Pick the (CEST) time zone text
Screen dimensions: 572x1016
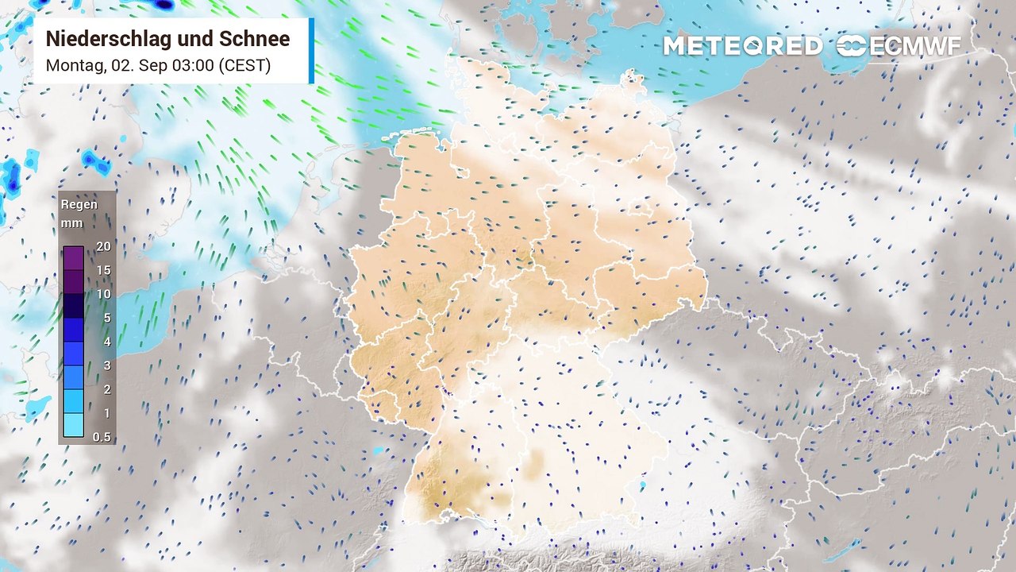244,65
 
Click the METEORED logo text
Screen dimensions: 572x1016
743,46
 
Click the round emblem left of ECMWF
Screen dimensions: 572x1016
852,46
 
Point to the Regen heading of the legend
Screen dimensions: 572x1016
79,205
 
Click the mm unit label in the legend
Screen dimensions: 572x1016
71,223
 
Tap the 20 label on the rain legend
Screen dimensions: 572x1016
103,246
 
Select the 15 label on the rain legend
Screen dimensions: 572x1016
103,270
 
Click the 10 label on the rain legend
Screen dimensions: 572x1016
103,294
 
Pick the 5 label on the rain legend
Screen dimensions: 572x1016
106,318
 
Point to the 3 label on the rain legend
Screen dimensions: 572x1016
106,365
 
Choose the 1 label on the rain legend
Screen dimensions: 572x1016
106,413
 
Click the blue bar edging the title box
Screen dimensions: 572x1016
311,50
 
